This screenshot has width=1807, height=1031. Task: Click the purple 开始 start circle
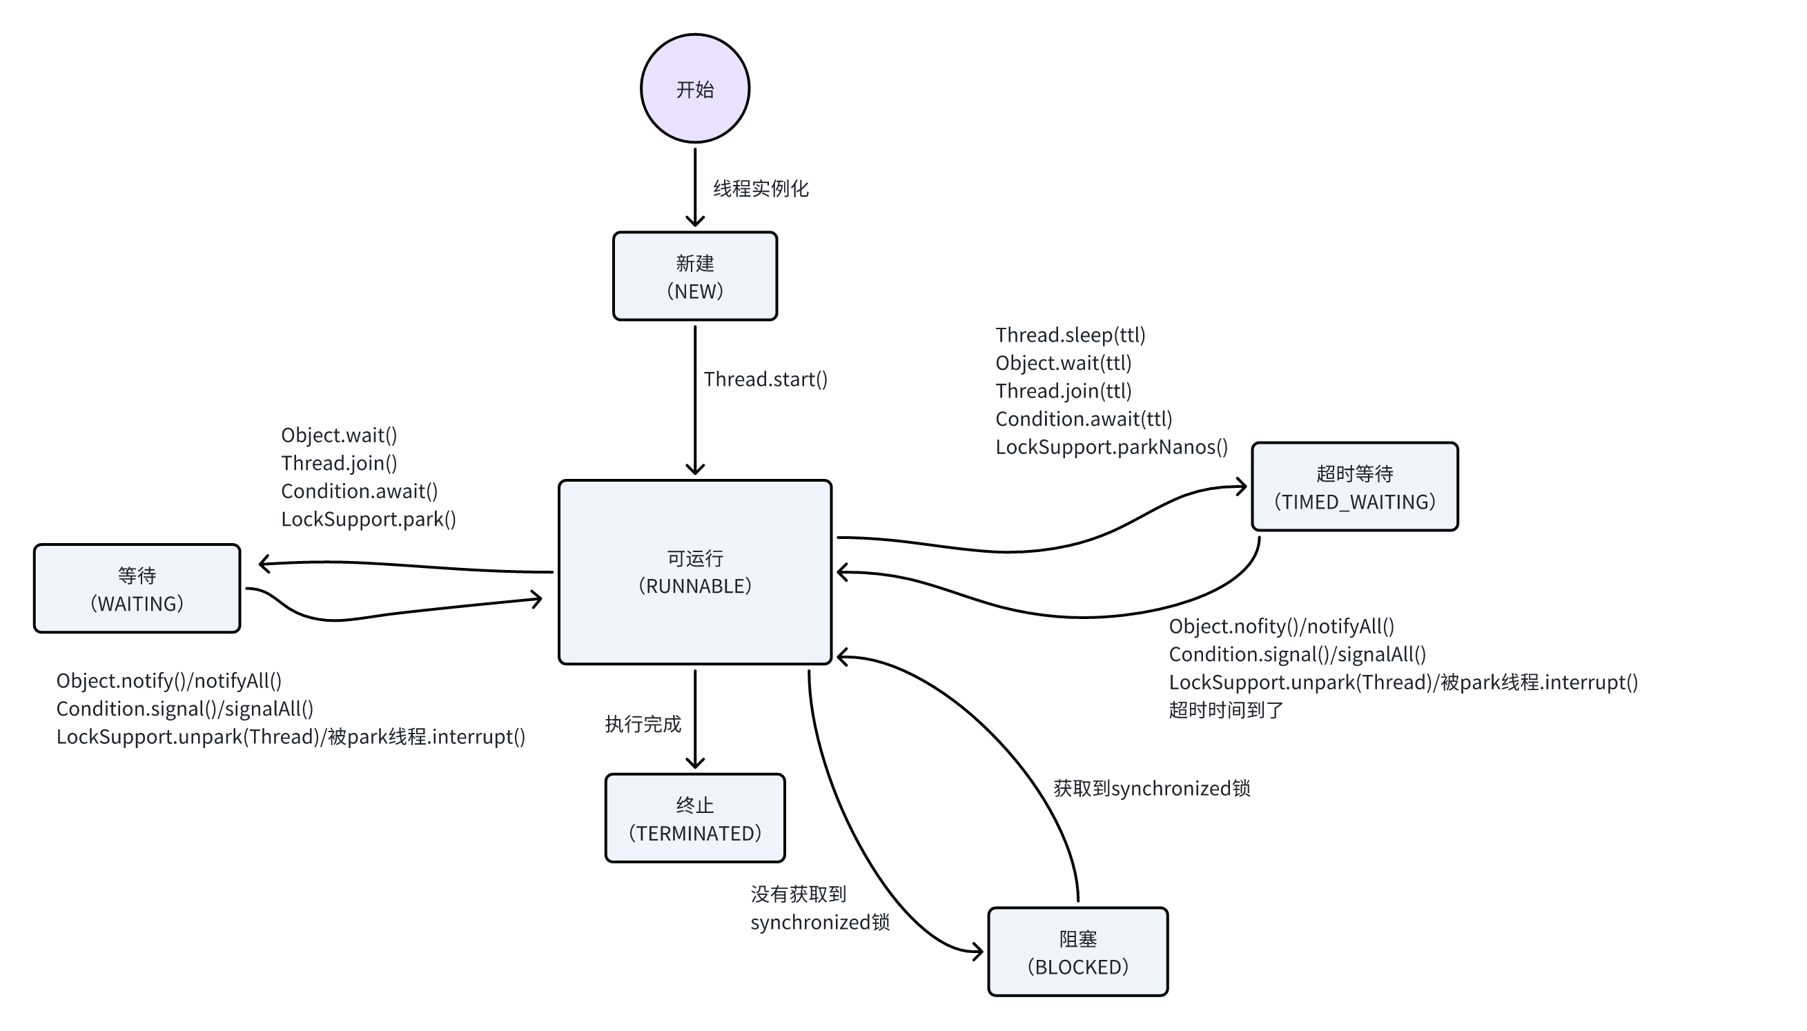tap(694, 88)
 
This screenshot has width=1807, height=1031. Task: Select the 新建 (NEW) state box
tap(694, 276)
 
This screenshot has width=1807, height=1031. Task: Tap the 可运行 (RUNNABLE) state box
tap(694, 572)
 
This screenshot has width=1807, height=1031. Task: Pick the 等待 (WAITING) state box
tap(137, 589)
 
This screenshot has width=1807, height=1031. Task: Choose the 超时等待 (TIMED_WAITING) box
tap(1354, 487)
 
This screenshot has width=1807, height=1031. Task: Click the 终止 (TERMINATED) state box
tap(694, 818)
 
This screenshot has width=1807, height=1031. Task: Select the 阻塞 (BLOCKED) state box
tap(1077, 952)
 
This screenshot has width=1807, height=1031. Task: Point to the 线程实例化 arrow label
tap(761, 188)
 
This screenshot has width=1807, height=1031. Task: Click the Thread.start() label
tap(765, 380)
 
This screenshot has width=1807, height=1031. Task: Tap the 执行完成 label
tap(643, 724)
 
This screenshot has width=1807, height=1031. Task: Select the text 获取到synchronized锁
tap(1152, 788)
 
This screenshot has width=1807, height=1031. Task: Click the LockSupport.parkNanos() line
tap(1112, 446)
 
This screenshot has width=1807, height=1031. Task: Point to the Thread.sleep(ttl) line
tap(1071, 335)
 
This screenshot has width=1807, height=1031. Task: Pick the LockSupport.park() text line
tap(368, 519)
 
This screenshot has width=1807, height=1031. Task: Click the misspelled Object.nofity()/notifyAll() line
tap(1282, 626)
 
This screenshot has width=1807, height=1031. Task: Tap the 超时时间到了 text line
tap(1227, 709)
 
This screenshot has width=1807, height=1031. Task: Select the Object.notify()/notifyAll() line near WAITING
tap(169, 680)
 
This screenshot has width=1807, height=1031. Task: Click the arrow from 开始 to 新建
tap(694, 187)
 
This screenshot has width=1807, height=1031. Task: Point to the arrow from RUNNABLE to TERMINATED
tap(694, 718)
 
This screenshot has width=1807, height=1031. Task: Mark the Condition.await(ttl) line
tap(1084, 419)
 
